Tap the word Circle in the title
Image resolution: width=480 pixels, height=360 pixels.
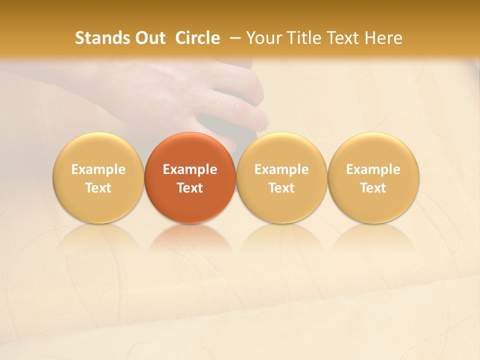(x=197, y=38)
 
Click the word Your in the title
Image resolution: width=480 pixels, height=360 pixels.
(x=262, y=38)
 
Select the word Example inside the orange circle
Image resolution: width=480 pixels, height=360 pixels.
(x=190, y=169)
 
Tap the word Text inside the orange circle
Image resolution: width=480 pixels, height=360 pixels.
(x=190, y=188)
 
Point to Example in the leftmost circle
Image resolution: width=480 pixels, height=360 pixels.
(x=98, y=169)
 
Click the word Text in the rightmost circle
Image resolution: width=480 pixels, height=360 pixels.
(x=373, y=188)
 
